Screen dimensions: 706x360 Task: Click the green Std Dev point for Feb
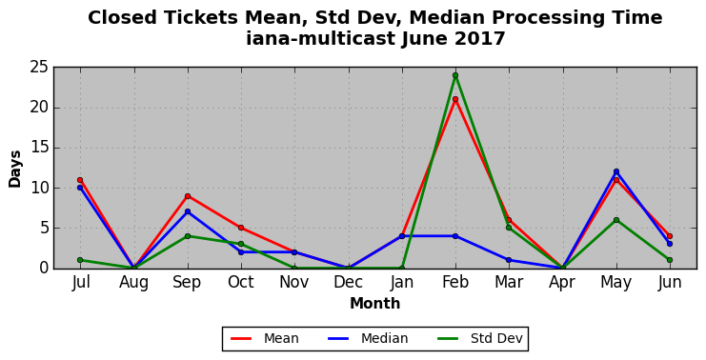coord(455,75)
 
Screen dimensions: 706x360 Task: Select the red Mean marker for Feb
coord(455,99)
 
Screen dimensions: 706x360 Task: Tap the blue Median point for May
coord(615,171)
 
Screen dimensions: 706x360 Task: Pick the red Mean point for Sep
coord(188,196)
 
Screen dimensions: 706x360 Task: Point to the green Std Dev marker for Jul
coord(80,260)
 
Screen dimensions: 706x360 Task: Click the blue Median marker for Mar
coord(509,260)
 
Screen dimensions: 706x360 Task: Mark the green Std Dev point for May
coord(615,220)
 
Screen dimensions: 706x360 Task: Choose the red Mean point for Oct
coord(241,228)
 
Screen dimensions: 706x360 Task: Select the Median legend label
coord(385,338)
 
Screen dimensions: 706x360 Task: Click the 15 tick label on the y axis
coord(39,148)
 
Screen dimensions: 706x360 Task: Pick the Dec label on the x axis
coord(348,282)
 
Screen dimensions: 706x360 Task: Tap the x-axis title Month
coord(375,304)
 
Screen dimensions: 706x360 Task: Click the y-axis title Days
coord(15,169)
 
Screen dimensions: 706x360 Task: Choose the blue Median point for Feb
coord(455,236)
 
